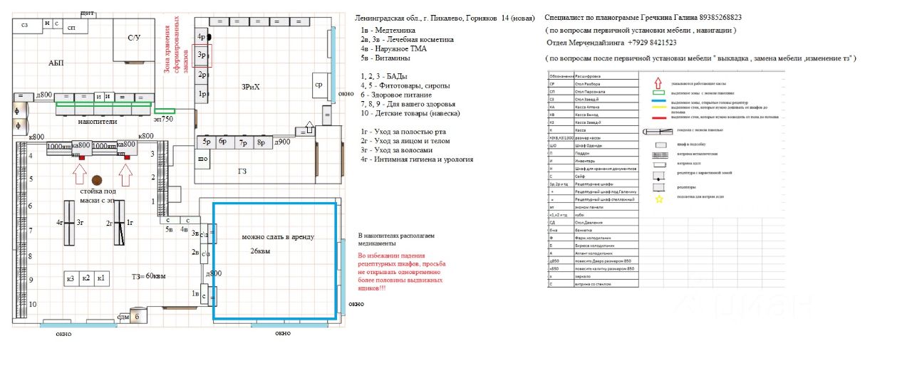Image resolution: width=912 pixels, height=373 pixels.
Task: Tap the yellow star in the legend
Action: click(x=659, y=199)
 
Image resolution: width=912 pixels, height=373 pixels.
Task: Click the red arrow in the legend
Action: click(x=658, y=83)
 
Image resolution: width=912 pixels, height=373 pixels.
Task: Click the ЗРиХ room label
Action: click(x=251, y=86)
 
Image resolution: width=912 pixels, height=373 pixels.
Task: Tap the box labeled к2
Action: click(x=85, y=278)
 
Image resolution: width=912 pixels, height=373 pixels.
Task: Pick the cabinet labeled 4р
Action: click(x=202, y=36)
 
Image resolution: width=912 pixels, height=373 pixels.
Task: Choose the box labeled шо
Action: click(x=202, y=158)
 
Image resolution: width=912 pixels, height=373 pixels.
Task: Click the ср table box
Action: click(x=318, y=85)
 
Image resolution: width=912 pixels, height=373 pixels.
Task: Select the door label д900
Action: click(x=282, y=142)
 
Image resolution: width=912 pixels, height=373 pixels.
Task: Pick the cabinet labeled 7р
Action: click(x=242, y=142)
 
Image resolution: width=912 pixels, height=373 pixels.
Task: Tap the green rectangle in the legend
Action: click(x=658, y=93)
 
